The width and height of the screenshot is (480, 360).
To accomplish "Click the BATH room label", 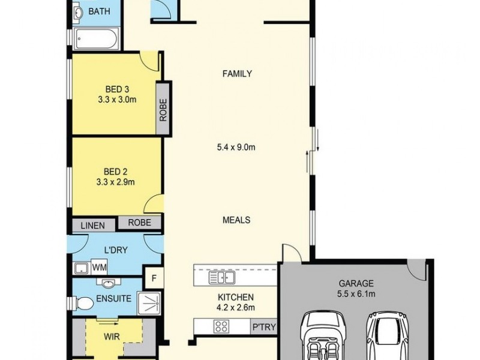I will [x=99, y=11].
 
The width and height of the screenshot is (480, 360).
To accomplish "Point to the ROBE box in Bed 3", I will [x=163, y=109].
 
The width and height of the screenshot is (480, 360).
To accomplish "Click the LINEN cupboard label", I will [x=93, y=226].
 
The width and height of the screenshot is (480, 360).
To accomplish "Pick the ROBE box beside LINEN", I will [x=139, y=223].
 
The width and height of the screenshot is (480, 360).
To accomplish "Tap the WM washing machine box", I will [x=99, y=266].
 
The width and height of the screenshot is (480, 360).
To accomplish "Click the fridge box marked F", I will [x=154, y=278].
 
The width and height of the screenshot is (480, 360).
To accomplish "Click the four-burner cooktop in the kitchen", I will [x=221, y=326].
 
